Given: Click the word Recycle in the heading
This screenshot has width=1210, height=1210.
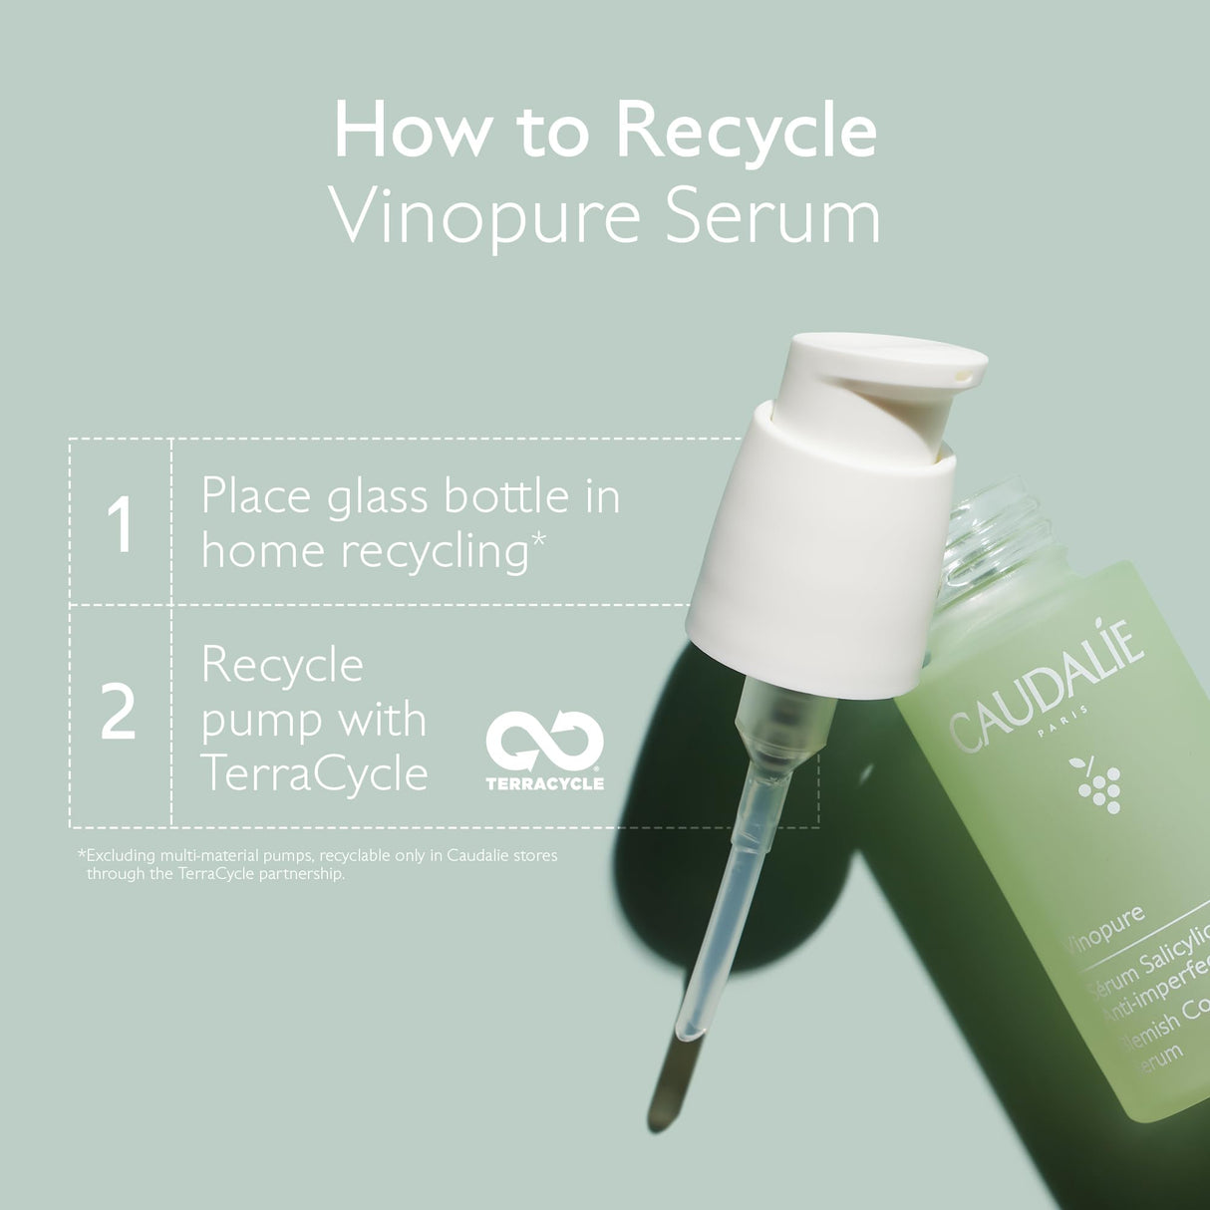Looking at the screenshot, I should click(746, 131).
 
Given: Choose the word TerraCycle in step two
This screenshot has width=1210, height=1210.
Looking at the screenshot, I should click(314, 773).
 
